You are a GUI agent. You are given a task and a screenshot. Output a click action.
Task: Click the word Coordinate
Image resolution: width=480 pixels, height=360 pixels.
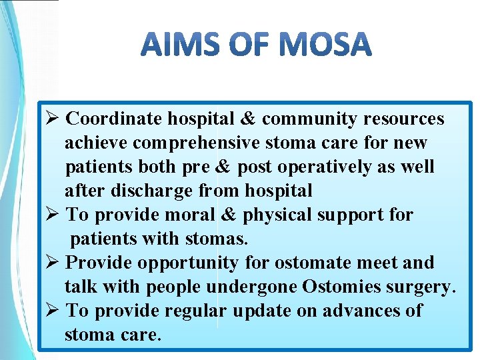pyautogui.click(x=115, y=119)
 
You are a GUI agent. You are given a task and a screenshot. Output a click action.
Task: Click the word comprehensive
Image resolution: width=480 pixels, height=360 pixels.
pyautogui.click(x=199, y=143)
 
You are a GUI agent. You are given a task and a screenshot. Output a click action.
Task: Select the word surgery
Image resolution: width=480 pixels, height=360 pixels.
pyautogui.click(x=423, y=287)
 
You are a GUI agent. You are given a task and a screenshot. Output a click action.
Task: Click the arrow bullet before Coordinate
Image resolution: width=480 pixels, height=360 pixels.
pyautogui.click(x=56, y=119)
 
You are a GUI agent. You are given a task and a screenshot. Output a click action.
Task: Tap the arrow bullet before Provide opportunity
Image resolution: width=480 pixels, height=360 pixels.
pyautogui.click(x=56, y=263)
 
